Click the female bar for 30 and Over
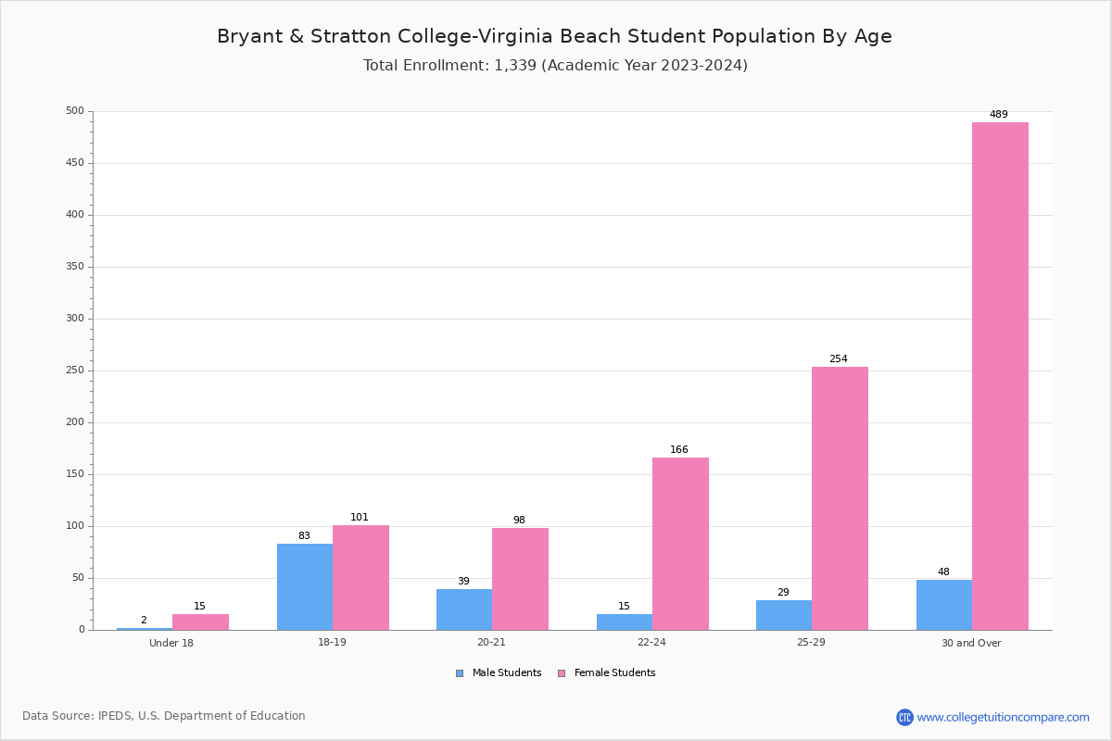(1000, 376)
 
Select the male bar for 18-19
(305, 586)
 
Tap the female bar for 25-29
(840, 498)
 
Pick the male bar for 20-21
(464, 609)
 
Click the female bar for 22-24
(680, 544)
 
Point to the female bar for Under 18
(200, 622)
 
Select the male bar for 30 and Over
(943, 605)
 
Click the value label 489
(998, 115)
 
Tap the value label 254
(838, 359)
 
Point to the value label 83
(304, 536)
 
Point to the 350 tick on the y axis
(74, 267)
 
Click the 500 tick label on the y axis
(74, 111)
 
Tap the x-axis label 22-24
(651, 643)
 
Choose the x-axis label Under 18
(171, 643)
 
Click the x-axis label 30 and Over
(971, 643)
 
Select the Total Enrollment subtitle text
(555, 66)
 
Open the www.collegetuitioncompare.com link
(1003, 717)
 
